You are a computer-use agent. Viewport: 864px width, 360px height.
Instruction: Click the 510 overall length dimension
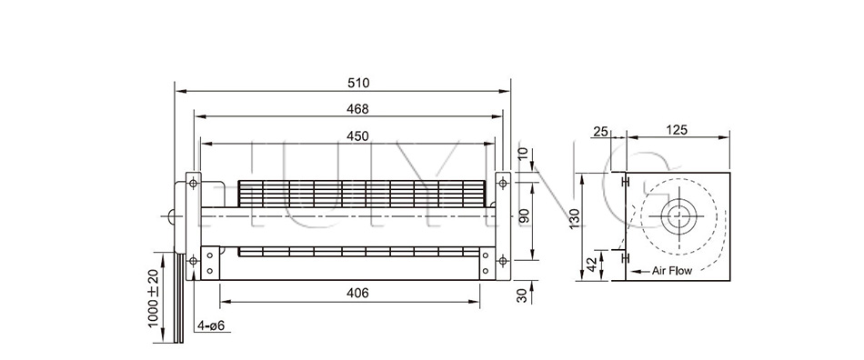tap(358, 83)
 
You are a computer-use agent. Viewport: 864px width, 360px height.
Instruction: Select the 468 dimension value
tap(358, 109)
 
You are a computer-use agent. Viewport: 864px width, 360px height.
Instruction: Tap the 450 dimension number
tap(358, 135)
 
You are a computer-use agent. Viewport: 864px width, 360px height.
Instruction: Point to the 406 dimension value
tap(358, 294)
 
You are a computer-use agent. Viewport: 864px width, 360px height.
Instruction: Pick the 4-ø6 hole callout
tap(212, 325)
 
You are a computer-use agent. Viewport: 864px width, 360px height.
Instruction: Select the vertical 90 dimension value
tap(524, 216)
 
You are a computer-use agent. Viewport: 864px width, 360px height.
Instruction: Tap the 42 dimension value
tap(589, 265)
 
